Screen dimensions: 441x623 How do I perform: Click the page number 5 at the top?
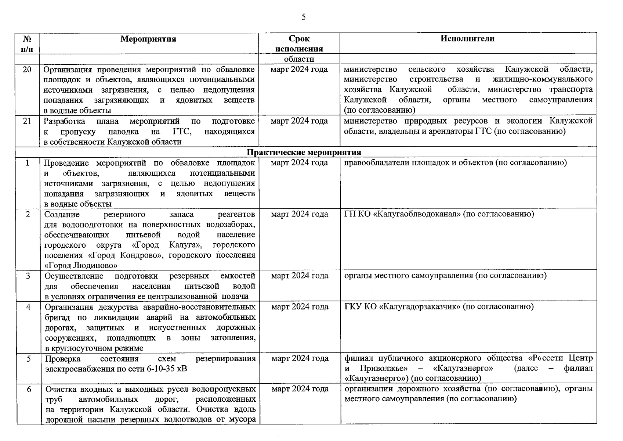(303, 17)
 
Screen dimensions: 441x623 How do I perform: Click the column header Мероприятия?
(148, 39)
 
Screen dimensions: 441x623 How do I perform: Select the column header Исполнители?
(467, 39)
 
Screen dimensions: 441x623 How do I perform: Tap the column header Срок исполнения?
(299, 44)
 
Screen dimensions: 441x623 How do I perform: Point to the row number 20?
(27, 69)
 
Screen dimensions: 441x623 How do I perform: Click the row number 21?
(27, 121)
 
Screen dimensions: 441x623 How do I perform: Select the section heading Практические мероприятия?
(304, 152)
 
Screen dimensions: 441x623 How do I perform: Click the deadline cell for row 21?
(299, 121)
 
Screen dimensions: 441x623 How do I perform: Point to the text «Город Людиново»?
(81, 265)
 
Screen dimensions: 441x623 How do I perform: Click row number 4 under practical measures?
(28, 307)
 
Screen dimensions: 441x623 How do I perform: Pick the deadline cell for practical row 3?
(300, 276)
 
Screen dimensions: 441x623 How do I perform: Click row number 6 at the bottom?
(29, 389)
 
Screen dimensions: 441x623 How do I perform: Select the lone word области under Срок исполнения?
(299, 59)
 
